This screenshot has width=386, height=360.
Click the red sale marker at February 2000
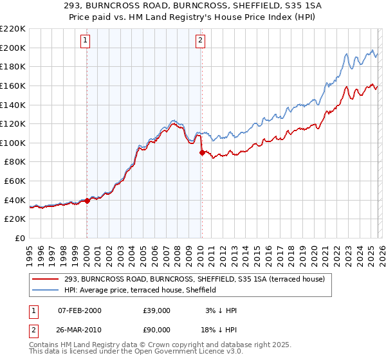point(87,201)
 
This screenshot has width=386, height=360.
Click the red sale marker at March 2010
point(202,152)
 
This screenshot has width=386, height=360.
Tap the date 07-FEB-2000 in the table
point(80,310)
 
